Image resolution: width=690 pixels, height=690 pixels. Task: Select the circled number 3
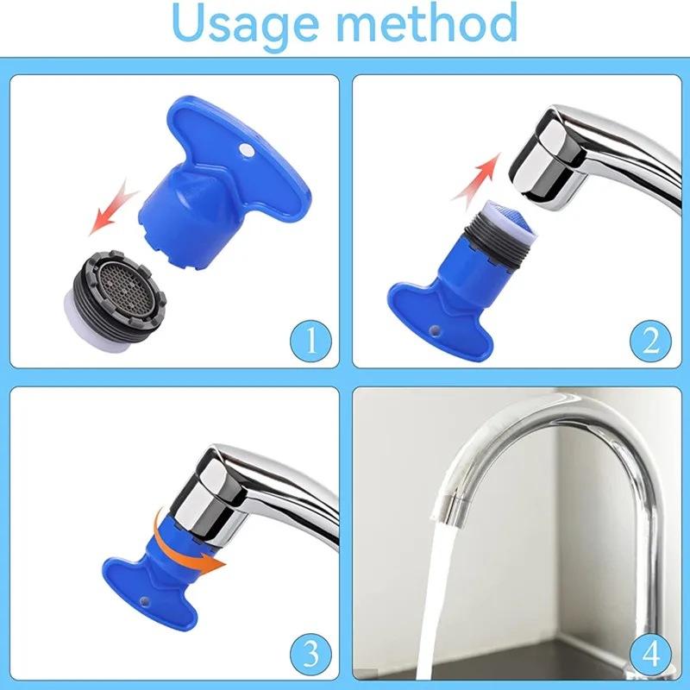click(x=308, y=647)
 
